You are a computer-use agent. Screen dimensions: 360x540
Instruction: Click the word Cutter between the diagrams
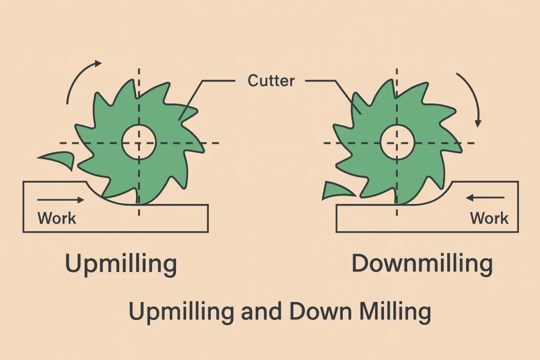[x=271, y=81]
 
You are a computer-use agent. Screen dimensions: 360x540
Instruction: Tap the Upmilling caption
[x=121, y=264]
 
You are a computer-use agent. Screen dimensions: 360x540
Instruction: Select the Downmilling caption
[x=422, y=264]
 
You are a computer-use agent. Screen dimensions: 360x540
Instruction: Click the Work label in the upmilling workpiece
[x=57, y=217]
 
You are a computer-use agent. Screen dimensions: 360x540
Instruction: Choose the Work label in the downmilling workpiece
[x=489, y=217]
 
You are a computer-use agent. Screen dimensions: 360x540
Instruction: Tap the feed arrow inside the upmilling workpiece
[x=61, y=200]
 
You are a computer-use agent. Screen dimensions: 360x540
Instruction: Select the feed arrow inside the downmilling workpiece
[x=486, y=198]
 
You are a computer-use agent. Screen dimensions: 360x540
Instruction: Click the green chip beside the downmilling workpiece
[x=334, y=191]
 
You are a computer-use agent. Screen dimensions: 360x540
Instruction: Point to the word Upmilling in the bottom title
[x=181, y=313]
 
